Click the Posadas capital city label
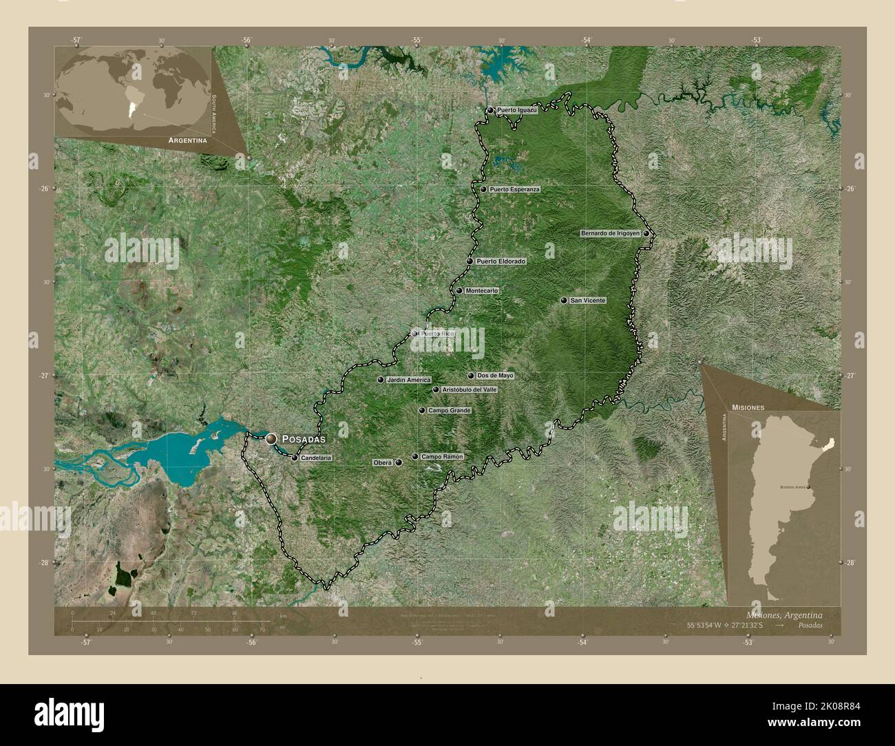coord(304,438)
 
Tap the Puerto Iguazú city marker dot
coord(490,110)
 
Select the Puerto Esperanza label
coord(514,189)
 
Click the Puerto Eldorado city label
coord(501,262)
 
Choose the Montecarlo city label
coord(481,291)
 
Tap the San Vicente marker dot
coord(564,301)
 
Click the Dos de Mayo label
coord(495,376)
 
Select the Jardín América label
coord(408,380)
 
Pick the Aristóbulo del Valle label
coord(469,390)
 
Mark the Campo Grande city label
coord(449,411)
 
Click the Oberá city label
coord(382,462)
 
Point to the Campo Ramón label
coord(442,456)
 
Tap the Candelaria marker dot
coord(295,458)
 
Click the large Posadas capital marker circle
coord(271,438)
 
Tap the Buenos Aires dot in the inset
coord(808,487)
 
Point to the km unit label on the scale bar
coord(283,616)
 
